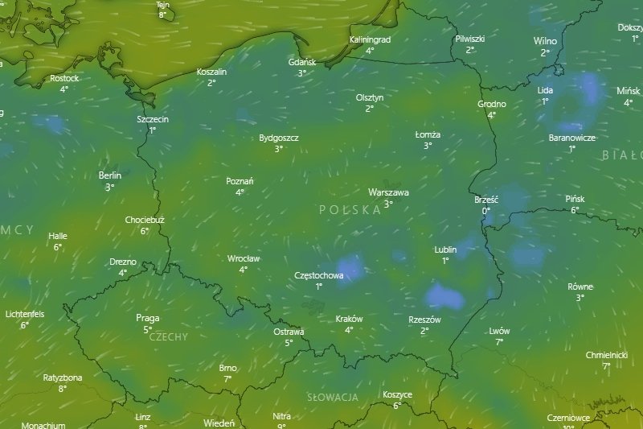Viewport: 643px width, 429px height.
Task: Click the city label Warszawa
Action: click(388, 193)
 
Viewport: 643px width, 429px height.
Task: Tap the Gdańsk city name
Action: click(302, 62)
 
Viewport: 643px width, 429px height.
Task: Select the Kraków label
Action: click(349, 319)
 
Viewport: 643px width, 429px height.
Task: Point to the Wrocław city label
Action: click(243, 258)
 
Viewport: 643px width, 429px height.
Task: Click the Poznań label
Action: click(240, 181)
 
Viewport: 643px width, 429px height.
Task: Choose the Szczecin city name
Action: click(153, 119)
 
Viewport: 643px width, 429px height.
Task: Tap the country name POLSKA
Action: click(350, 209)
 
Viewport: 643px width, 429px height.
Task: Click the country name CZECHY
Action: click(168, 337)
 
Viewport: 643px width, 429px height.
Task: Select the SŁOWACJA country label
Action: click(332, 398)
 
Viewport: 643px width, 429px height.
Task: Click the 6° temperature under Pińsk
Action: click(575, 210)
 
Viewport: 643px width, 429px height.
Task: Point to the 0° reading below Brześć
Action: click(485, 211)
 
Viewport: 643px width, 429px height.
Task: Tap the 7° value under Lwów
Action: click(499, 342)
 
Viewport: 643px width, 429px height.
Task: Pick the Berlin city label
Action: click(109, 175)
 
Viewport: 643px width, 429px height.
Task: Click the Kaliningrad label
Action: click(370, 39)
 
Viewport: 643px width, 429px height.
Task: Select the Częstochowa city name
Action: click(319, 275)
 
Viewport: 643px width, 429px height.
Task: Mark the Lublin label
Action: click(444, 250)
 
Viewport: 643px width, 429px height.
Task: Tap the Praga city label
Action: click(147, 318)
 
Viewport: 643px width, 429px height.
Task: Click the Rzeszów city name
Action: click(424, 320)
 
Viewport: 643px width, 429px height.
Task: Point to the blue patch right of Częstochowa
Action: click(350, 267)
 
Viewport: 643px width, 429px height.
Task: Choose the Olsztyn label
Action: click(370, 97)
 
